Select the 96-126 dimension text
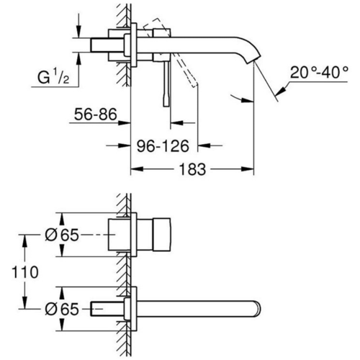(x=163, y=146)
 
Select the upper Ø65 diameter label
(x=63, y=235)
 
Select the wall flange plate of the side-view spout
(x=132, y=48)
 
